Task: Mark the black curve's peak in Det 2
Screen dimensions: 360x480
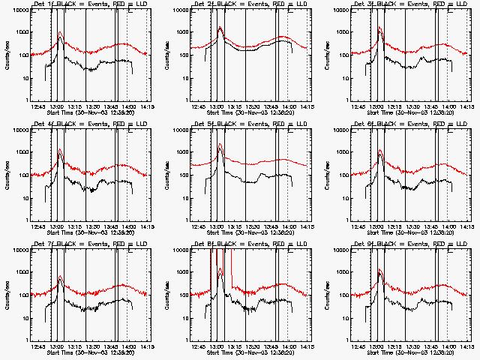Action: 220,30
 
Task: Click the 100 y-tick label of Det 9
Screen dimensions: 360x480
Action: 343,295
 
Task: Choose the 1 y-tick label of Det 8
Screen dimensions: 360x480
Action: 188,340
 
